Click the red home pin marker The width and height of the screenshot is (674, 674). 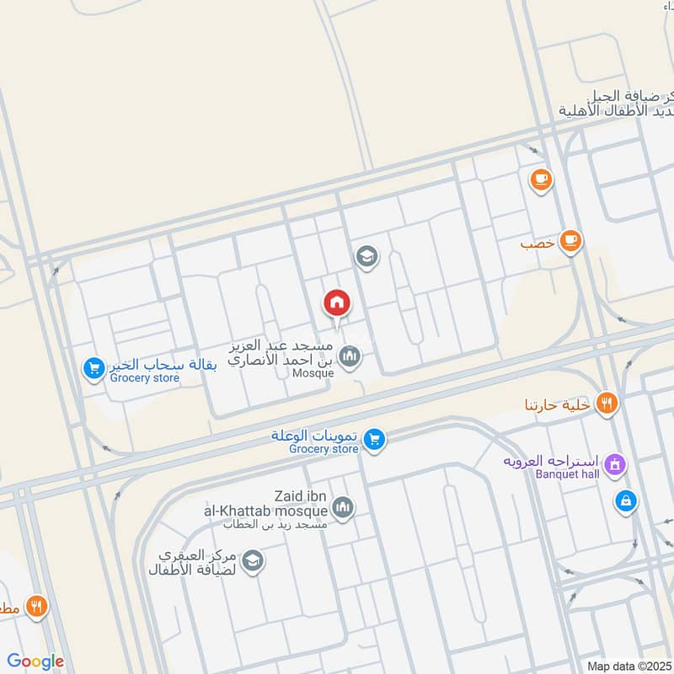pyautogui.click(x=337, y=302)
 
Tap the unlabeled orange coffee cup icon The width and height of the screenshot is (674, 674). pyautogui.click(x=540, y=179)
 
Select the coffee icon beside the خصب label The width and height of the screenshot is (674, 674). pyautogui.click(x=570, y=242)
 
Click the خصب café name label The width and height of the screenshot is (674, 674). pyautogui.click(x=537, y=243)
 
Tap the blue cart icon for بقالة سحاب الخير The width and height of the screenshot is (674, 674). pyautogui.click(x=94, y=368)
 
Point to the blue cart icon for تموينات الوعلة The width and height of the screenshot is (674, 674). pyautogui.click(x=375, y=438)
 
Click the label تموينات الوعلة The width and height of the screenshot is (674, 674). pyautogui.click(x=315, y=435)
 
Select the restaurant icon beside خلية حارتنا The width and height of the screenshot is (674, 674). pyautogui.click(x=606, y=404)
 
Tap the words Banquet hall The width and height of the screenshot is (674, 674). pyautogui.click(x=567, y=474)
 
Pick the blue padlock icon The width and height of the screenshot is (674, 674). pyautogui.click(x=625, y=500)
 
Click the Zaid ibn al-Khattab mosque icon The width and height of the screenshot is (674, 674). pyautogui.click(x=342, y=507)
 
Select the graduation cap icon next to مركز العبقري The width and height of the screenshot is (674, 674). pyautogui.click(x=251, y=560)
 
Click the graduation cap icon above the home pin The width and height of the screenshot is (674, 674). pyautogui.click(x=366, y=255)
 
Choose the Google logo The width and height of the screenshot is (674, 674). pyautogui.click(x=35, y=661)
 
